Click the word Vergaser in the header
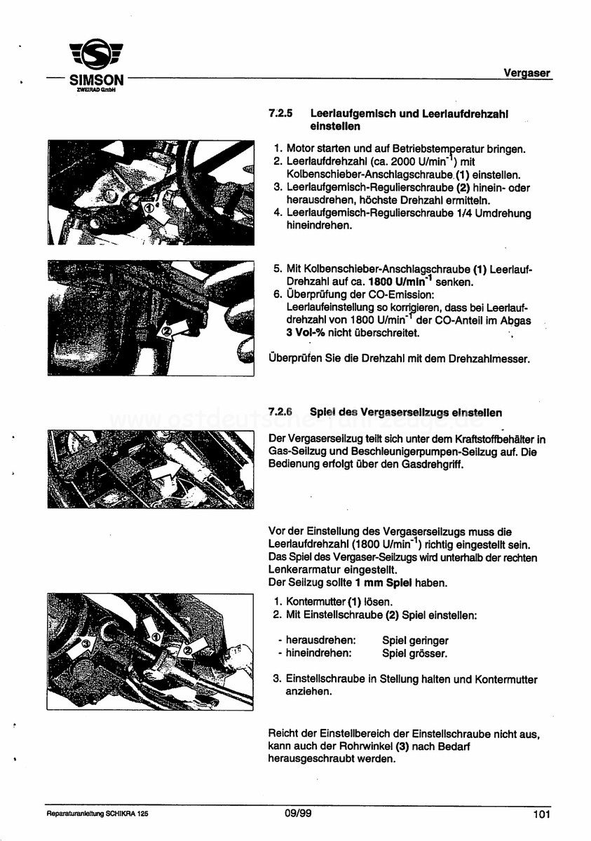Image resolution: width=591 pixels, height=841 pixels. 527,72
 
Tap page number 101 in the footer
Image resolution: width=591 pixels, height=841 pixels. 541,814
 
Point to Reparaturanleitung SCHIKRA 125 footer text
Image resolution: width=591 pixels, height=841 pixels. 97,814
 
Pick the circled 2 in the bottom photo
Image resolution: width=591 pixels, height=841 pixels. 188,650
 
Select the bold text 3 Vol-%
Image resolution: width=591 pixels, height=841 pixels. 306,333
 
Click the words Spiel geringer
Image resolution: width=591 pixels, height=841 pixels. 415,641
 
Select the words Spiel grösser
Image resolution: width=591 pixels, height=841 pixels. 414,653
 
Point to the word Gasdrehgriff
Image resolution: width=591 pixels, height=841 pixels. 434,465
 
